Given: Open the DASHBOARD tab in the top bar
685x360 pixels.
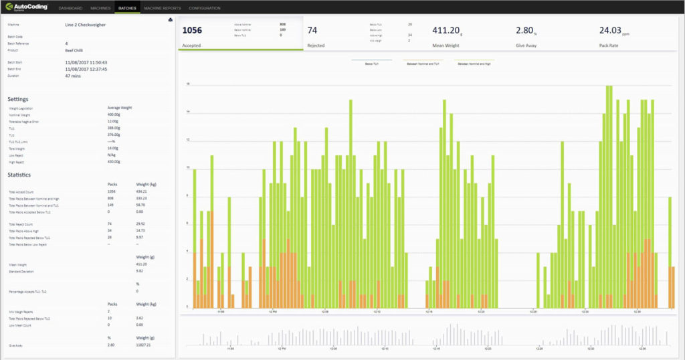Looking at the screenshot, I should point(70,8).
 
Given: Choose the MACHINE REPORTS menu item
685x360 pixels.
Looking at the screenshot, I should point(162,8).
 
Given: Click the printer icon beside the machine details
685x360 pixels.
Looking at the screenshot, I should point(171,20).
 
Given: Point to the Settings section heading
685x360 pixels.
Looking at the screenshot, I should point(18,98).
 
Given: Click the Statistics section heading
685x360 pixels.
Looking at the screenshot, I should point(19,175).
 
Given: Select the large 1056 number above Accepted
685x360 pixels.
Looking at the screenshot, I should point(192,30).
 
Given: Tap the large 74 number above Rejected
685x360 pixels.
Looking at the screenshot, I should point(312,30).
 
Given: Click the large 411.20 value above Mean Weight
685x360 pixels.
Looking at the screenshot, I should point(446,30).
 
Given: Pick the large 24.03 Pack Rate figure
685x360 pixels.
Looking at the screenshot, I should point(610,30).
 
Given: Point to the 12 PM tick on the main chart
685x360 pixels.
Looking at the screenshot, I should point(273,312).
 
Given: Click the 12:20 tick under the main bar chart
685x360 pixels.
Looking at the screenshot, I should point(479,312).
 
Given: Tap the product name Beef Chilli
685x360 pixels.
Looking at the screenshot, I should point(74,50).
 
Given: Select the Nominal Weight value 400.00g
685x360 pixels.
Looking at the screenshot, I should point(114,114).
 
